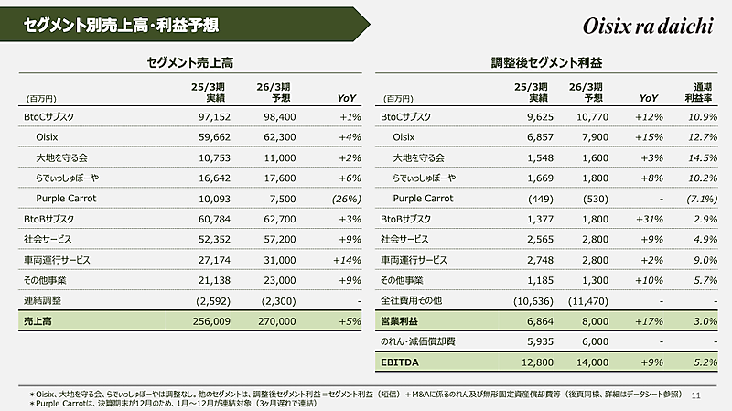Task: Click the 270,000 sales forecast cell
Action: (x=276, y=322)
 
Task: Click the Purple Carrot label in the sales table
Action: (x=66, y=198)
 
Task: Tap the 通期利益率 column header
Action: (x=697, y=91)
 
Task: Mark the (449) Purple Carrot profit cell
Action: (x=533, y=198)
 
